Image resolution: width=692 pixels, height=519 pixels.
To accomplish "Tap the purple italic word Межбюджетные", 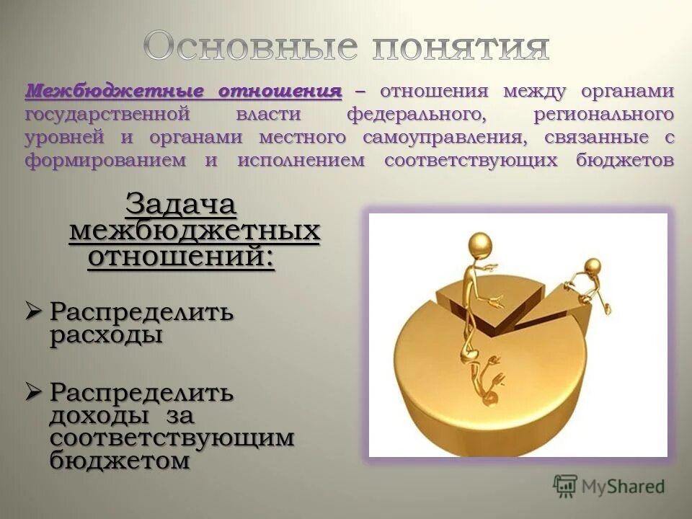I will (x=112, y=92).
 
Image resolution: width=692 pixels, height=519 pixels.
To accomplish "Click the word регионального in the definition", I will (x=604, y=115).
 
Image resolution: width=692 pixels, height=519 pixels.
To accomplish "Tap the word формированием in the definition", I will (x=105, y=160).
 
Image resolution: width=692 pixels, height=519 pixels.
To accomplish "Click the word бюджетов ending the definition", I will (x=625, y=160).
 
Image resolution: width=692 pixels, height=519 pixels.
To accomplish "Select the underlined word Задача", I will (x=181, y=205).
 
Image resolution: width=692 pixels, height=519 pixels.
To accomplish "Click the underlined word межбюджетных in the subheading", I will (x=194, y=231).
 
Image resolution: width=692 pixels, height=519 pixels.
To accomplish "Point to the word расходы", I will (x=106, y=336).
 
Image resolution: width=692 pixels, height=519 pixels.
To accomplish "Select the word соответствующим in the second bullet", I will (x=172, y=438).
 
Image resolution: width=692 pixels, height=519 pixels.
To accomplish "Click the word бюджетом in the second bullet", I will (x=120, y=461).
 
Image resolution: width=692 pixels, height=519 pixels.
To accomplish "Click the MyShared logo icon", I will (x=565, y=486).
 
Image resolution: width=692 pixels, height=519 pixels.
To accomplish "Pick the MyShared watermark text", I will (x=624, y=487).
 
